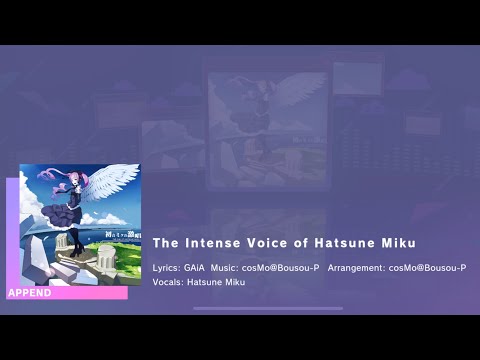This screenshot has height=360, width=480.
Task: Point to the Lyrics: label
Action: [168, 268]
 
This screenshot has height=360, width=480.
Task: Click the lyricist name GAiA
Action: [202, 268]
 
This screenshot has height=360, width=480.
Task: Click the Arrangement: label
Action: [356, 268]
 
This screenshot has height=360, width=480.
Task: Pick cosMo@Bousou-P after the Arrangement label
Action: [427, 268]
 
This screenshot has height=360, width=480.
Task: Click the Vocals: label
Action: [168, 282]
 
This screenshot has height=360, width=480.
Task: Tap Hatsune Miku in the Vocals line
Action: [216, 282]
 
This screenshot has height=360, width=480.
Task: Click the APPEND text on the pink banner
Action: [29, 293]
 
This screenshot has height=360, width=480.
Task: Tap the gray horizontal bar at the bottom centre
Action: [268, 308]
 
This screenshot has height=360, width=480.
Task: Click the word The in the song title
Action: [164, 243]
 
